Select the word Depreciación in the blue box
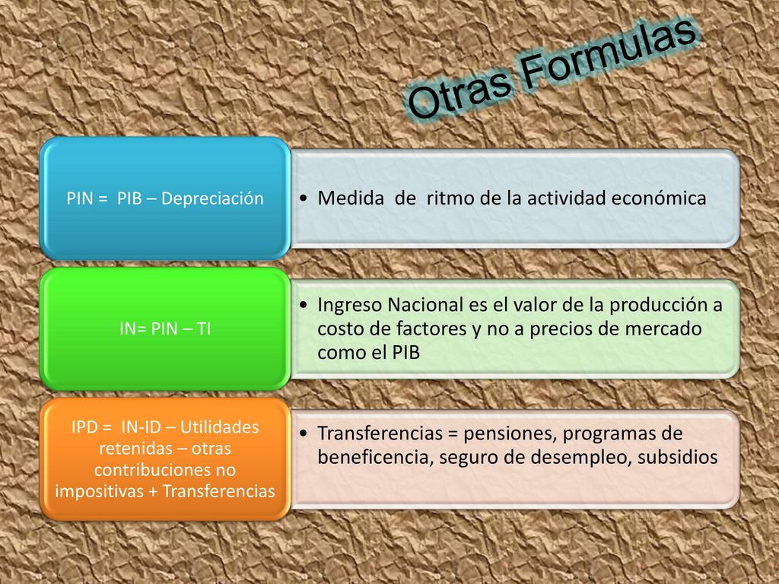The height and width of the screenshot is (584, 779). coord(213,198)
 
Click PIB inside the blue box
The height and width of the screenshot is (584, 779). coord(129,198)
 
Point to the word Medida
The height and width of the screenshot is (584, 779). coord(351,198)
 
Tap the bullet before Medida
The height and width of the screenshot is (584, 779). coord(304,198)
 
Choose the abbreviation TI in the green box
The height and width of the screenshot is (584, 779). coord(204,328)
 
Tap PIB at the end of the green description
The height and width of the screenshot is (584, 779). coord(406,352)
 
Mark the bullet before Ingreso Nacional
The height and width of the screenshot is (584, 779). coord(304,305)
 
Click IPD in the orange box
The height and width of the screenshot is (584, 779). coord(84,427)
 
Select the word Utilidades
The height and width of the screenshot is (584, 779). coord(220,427)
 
